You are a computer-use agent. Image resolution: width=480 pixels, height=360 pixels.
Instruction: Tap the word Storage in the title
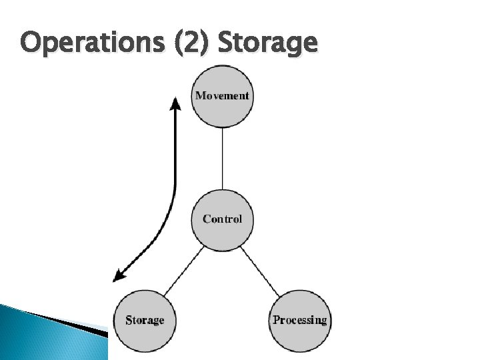pos(267,44)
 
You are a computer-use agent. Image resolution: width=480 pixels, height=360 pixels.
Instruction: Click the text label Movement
pos(222,95)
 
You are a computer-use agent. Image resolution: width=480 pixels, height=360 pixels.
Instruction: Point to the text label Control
pos(222,219)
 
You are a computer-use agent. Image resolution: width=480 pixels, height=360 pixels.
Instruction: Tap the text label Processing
pos(299,320)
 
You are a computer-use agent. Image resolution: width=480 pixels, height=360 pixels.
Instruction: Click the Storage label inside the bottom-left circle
pos(145,320)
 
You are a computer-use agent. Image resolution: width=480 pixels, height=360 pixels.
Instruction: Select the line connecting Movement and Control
pos(222,158)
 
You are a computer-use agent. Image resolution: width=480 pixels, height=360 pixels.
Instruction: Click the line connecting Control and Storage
pos(184,270)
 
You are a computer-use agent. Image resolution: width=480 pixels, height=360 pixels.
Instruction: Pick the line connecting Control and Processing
pos(261,270)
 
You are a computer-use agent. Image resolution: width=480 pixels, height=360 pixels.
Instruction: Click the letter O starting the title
pos(31,44)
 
